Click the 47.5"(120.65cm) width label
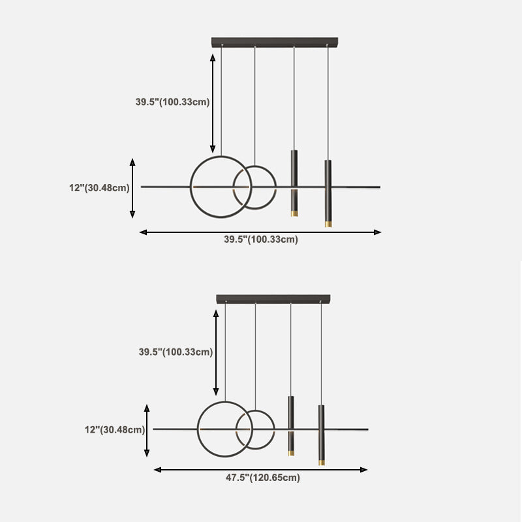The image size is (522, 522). point(263,478)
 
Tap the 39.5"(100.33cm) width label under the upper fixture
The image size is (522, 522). point(261,239)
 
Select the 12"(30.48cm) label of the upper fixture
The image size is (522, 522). point(99,188)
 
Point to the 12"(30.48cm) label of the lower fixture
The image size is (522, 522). point(114,429)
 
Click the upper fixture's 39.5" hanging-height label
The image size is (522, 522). point(172,102)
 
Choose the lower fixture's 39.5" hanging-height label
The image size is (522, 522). point(176,352)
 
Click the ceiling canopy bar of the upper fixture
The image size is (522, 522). point(274,42)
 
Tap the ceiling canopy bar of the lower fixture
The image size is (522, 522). point(273,299)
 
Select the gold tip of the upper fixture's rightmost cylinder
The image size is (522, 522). point(328,224)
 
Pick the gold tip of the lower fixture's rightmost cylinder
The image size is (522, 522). point(321,463)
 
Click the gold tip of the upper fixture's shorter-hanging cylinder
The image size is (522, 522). point(294,214)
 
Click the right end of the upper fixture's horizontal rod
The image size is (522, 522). point(379,187)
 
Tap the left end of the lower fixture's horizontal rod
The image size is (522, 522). point(154,429)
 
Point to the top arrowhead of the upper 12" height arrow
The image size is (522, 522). point(132,161)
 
